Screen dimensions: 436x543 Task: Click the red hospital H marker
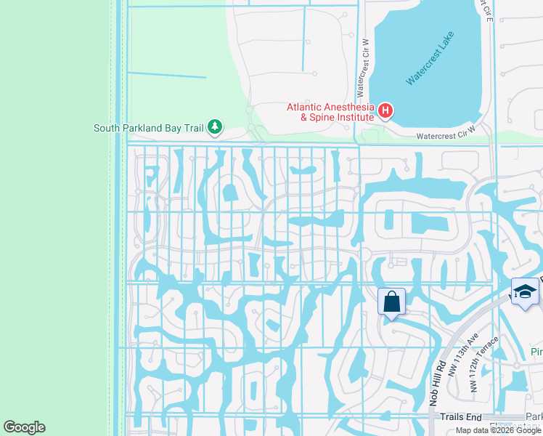(x=385, y=111)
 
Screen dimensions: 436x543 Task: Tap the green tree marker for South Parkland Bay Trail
(x=214, y=127)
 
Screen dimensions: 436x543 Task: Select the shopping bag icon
(x=391, y=301)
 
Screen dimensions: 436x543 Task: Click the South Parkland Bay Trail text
(x=148, y=128)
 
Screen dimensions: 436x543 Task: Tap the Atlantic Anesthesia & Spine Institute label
(x=330, y=111)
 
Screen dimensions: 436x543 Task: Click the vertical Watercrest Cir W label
(x=359, y=70)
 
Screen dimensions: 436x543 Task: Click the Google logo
(x=24, y=427)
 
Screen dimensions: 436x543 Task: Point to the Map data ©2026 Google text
(x=498, y=430)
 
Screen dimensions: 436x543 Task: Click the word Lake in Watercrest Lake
(x=449, y=47)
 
